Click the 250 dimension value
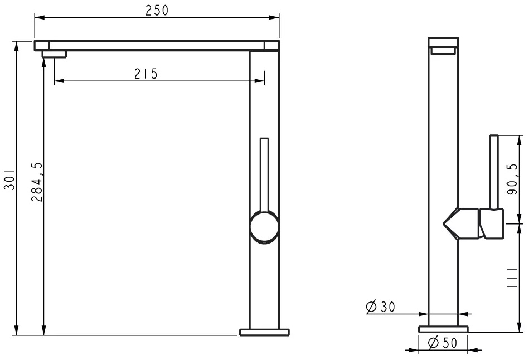point(157,11)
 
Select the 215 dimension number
point(146,74)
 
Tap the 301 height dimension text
point(9,179)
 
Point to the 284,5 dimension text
point(37,182)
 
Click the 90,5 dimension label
point(512,179)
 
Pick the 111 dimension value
point(512,278)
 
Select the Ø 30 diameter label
point(380,307)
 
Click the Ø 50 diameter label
point(442,343)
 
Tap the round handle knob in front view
point(264,226)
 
